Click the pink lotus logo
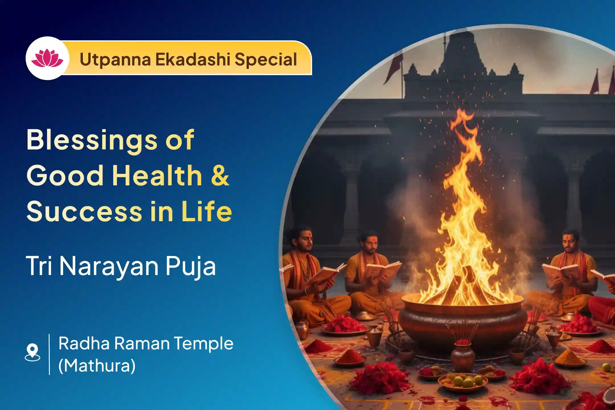click(47, 58)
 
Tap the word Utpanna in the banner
click(115, 60)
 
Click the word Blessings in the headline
click(92, 140)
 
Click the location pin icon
click(32, 352)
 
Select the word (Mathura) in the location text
click(97, 366)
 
